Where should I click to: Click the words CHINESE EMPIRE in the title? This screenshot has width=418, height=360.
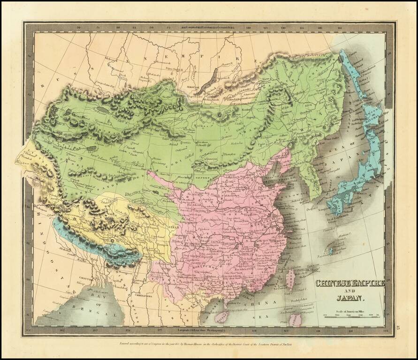pyautogui.click(x=349, y=283)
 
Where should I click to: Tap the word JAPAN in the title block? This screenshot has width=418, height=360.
pyautogui.click(x=349, y=297)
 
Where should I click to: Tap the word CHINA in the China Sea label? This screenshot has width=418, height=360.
pyautogui.click(x=266, y=303)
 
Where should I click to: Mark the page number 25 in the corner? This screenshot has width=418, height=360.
pyautogui.click(x=399, y=327)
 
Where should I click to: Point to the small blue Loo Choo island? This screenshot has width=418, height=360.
pyautogui.click(x=333, y=251)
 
